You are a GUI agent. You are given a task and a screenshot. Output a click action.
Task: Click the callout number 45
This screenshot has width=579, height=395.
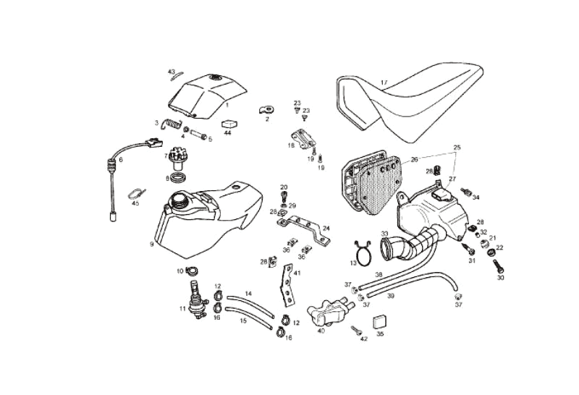(135, 204)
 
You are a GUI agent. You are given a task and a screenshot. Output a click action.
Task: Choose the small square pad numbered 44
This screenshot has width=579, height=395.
(227, 123)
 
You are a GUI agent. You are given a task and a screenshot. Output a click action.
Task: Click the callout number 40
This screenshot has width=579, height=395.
(321, 331)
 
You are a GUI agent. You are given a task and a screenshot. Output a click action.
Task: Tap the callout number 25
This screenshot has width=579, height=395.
(456, 147)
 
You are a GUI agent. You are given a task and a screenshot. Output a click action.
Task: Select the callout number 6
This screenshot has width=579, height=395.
(121, 160)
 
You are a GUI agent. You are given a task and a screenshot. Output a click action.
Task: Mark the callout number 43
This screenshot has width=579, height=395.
(172, 72)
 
